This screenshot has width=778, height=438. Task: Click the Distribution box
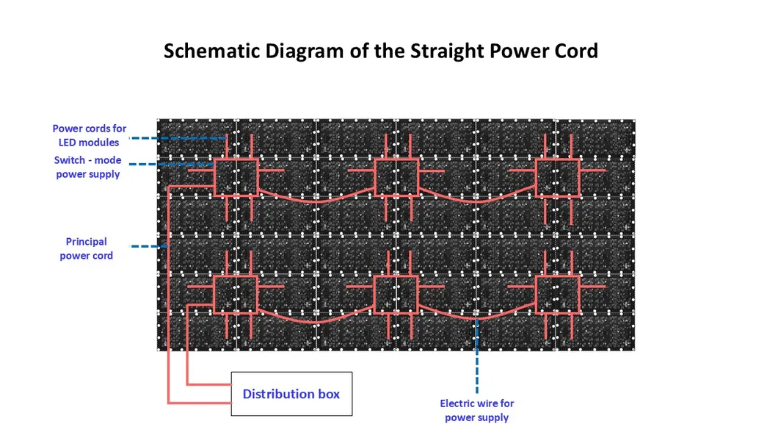(291, 394)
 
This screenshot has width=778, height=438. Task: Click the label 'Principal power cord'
(87, 248)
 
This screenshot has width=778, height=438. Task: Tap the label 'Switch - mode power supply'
(88, 168)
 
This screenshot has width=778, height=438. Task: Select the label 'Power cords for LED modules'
(89, 135)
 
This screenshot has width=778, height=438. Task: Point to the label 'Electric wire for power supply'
(477, 410)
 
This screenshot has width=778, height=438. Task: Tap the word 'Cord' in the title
(577, 51)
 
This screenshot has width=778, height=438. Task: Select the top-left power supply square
(236, 176)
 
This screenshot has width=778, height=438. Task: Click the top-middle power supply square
(396, 176)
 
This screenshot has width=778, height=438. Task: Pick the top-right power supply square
(557, 176)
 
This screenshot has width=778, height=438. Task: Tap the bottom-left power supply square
(236, 294)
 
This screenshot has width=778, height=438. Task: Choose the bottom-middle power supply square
(396, 294)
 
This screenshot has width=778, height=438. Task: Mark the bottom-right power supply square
(557, 294)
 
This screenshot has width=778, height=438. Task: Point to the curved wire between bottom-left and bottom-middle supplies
(316, 321)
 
